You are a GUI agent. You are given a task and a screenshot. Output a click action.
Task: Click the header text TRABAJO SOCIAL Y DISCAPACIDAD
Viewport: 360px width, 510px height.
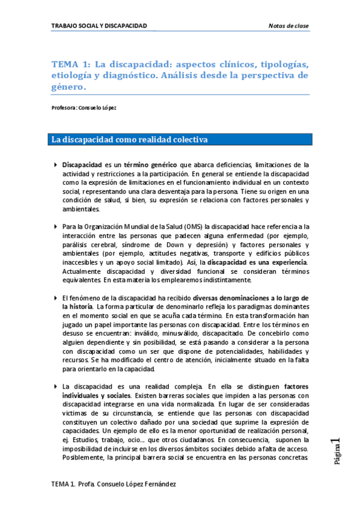[x=99, y=25]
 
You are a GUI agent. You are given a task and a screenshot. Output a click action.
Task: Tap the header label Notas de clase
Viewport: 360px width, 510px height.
[x=287, y=25]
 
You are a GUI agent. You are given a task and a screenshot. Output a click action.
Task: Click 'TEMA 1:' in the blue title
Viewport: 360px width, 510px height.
[x=71, y=64]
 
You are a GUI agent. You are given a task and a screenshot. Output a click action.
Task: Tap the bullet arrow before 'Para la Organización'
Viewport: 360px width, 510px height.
[x=56, y=226]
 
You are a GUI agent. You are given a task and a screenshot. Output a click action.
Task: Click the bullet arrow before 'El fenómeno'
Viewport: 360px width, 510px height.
[x=56, y=298]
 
